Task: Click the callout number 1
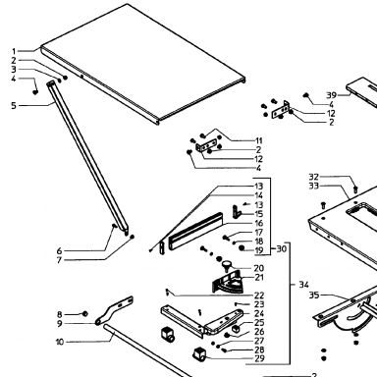click(x=14, y=51)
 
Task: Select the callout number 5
click(x=14, y=106)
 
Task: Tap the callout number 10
click(x=60, y=342)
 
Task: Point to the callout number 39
click(x=332, y=95)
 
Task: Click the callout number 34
click(x=303, y=285)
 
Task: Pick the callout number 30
click(x=282, y=248)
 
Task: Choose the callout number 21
click(x=259, y=277)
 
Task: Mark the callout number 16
click(x=259, y=223)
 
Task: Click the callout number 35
click(x=314, y=296)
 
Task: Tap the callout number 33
click(x=314, y=186)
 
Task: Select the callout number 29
click(x=259, y=358)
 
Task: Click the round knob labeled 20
click(x=227, y=264)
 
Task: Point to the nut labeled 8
click(x=84, y=314)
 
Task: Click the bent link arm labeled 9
click(x=115, y=310)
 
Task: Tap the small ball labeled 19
click(x=242, y=248)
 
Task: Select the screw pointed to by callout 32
click(x=356, y=188)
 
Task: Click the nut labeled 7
click(x=133, y=237)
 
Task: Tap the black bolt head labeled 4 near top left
click(x=35, y=92)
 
